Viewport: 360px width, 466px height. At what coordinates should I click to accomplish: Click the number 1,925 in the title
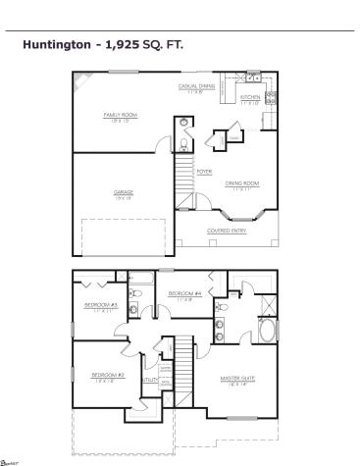coord(124,45)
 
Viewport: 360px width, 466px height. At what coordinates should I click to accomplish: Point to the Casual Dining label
coord(196,85)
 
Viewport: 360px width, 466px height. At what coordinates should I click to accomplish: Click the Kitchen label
coord(250,98)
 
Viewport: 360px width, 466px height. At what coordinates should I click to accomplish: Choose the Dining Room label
coord(240,183)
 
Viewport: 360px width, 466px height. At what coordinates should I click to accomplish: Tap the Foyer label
coord(204,171)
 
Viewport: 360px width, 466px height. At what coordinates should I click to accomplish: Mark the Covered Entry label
coord(225,231)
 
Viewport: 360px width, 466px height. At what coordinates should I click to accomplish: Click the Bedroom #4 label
coord(184,293)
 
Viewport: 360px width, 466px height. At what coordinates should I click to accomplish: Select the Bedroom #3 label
coord(100,305)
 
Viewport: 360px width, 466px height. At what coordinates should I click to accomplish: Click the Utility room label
coord(150,379)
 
